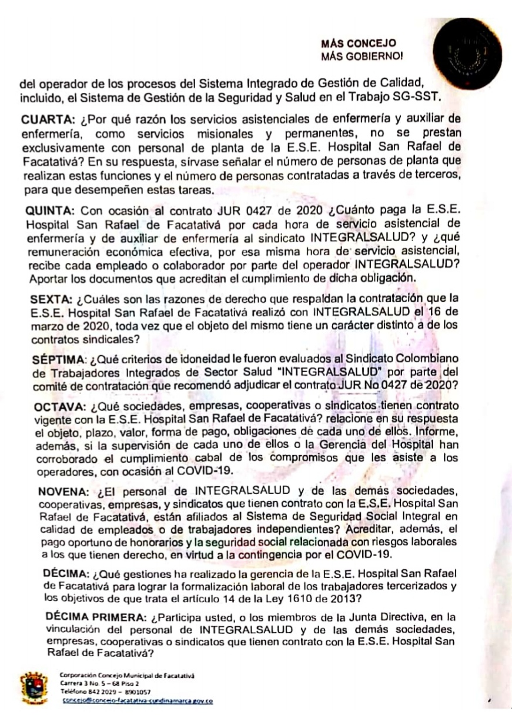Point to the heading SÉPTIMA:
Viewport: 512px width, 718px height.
click(x=58, y=359)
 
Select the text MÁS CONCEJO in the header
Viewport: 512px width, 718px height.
click(x=359, y=44)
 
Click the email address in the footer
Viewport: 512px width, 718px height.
click(x=136, y=701)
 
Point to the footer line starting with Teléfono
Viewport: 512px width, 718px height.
click(x=105, y=693)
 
